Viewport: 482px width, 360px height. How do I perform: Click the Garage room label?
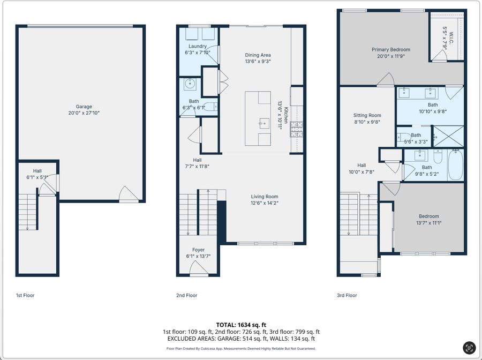point(84,107)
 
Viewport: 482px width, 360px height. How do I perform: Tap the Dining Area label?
point(258,55)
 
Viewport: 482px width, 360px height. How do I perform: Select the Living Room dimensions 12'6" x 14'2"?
point(265,203)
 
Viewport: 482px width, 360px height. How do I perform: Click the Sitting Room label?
point(367,115)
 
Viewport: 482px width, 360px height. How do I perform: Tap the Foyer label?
point(198,250)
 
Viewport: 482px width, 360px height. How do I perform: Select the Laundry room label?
point(197,46)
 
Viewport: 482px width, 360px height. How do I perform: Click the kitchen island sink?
point(263,123)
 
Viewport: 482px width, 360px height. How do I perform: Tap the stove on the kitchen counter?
point(297,129)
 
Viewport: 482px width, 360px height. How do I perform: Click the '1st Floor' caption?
point(25,295)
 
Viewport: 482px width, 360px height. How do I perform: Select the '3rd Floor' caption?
point(347,295)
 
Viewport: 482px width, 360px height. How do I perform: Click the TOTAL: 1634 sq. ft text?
point(240,325)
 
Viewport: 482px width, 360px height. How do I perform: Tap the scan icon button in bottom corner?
point(469,347)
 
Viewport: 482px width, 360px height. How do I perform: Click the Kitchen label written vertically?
point(286,115)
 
